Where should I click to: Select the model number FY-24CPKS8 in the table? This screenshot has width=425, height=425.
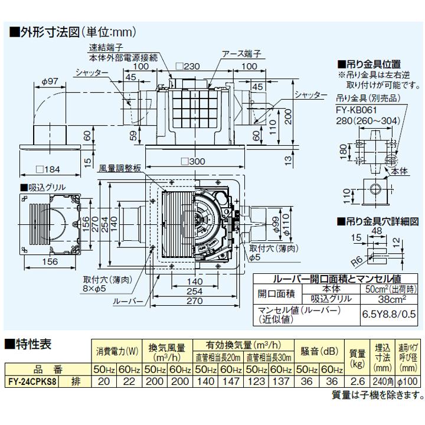point(36,381)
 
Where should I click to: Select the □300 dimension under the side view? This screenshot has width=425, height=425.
point(192,161)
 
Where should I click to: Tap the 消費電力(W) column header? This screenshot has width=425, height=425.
point(117,351)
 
